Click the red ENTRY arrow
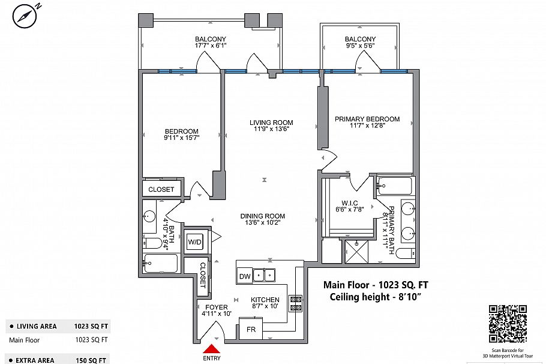(212, 349)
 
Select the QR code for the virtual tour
(508, 323)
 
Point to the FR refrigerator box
(251, 330)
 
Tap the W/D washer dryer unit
(195, 242)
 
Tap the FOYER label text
(215, 307)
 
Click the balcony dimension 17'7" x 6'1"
(210, 45)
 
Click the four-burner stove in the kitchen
(295, 303)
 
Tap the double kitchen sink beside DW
(265, 275)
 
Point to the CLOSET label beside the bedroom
(161, 189)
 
